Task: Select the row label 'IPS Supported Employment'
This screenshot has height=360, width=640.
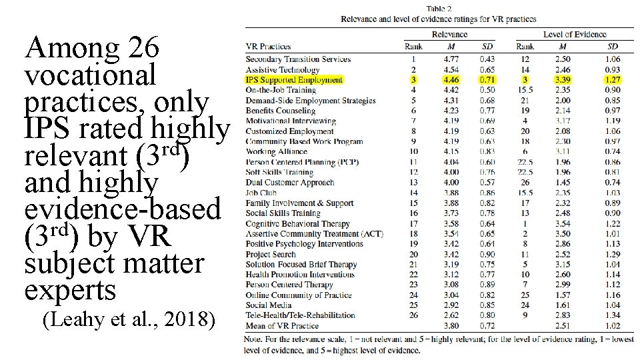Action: [294, 80]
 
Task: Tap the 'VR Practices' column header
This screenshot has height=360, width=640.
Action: [268, 47]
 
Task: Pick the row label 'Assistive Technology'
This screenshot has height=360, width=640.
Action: [282, 70]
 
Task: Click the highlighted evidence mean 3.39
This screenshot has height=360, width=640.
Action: [563, 80]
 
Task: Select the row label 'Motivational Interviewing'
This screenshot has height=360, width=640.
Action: [290, 121]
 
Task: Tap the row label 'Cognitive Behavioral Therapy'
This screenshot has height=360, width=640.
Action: [297, 224]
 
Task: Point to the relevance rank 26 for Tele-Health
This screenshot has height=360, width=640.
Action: [413, 315]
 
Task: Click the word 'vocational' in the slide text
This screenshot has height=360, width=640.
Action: [89, 75]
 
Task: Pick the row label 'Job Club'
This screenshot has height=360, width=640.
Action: [261, 193]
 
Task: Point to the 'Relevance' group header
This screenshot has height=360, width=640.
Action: [450, 34]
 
